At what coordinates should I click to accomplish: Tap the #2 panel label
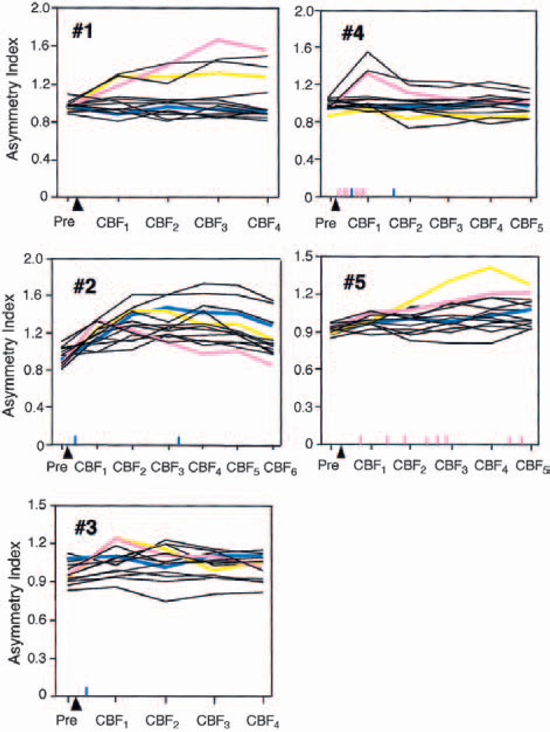click(x=84, y=287)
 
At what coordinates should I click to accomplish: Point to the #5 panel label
click(x=355, y=282)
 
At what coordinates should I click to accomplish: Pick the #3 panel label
click(x=85, y=528)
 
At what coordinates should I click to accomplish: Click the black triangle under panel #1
click(x=78, y=205)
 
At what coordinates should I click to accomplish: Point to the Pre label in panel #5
click(x=328, y=465)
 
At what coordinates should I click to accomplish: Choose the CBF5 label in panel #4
click(x=527, y=224)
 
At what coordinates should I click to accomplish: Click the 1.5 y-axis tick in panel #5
click(x=304, y=256)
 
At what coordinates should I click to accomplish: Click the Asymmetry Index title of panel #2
click(x=9, y=356)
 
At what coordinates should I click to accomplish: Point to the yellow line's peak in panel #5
click(x=489, y=267)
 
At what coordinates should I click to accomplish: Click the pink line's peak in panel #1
click(x=218, y=40)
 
